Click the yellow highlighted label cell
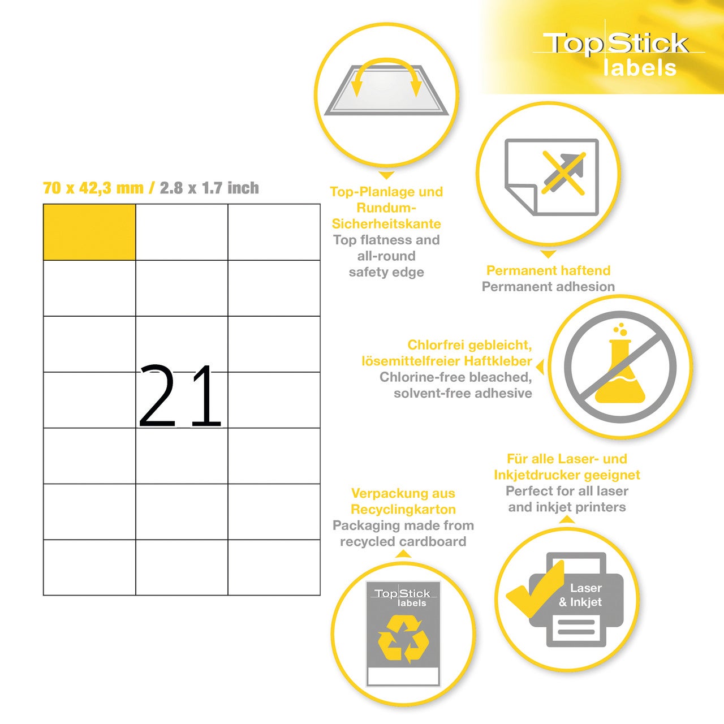click(x=89, y=232)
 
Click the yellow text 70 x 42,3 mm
click(x=93, y=188)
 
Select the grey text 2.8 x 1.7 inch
click(x=209, y=188)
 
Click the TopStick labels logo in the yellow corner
click(x=618, y=54)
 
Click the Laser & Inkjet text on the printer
click(x=580, y=594)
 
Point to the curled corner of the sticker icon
click(x=522, y=199)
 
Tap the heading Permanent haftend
click(x=548, y=270)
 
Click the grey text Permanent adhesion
click(x=548, y=287)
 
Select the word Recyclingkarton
click(x=403, y=510)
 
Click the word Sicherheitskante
click(x=386, y=224)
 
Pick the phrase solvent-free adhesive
click(x=463, y=393)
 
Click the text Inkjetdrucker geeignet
click(x=567, y=475)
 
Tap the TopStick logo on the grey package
click(x=403, y=597)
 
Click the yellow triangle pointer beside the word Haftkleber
click(x=540, y=367)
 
